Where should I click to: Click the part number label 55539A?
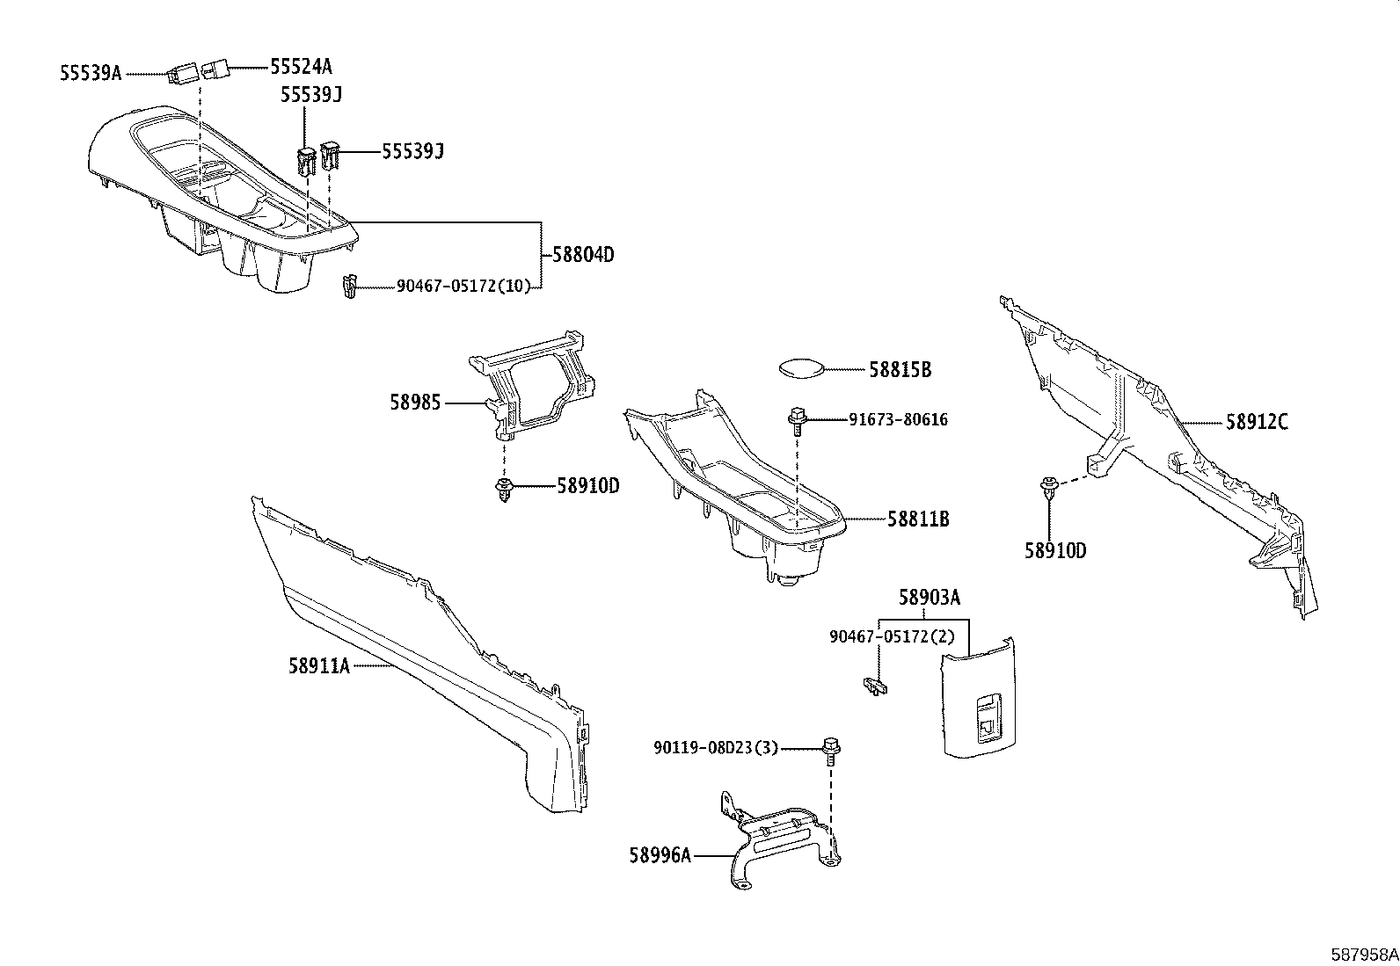[91, 73]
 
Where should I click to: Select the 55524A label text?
[302, 66]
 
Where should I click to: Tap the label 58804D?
[583, 255]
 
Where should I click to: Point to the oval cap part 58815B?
[801, 368]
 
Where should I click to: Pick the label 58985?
[416, 403]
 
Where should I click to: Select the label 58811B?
[919, 519]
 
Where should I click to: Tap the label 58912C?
[1257, 423]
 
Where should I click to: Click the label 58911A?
[319, 666]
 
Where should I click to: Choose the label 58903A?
[930, 598]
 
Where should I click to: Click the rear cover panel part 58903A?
[979, 698]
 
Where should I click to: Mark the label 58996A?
[660, 855]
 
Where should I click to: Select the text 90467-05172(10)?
[463, 287]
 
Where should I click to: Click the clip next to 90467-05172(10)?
[349, 287]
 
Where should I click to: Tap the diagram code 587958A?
[1364, 955]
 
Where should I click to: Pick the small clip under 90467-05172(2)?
[875, 686]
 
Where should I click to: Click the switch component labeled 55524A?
[214, 69]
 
